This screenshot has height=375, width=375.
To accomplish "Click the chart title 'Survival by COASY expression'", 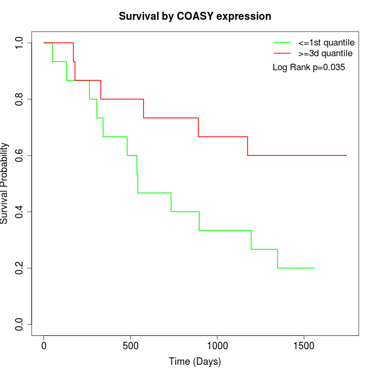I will click(195, 16).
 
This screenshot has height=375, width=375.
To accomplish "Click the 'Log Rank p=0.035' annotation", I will click(309, 67).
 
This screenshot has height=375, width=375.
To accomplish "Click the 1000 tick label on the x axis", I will click(217, 346).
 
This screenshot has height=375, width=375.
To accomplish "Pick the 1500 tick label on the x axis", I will click(304, 346).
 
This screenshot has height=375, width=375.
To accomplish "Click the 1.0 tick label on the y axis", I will click(20, 43).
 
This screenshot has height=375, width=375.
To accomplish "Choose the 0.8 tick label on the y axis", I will click(20, 99).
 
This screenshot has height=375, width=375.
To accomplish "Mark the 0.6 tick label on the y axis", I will click(20, 155).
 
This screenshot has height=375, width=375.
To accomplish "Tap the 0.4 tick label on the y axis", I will click(20, 212).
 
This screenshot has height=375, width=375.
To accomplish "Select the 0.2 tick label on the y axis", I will click(20, 268).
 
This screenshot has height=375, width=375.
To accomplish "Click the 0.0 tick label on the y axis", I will click(20, 324).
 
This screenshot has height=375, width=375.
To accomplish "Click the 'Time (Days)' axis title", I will click(195, 362).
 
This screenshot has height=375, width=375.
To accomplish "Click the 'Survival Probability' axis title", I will click(5, 183).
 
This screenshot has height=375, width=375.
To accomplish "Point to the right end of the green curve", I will click(314, 268).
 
